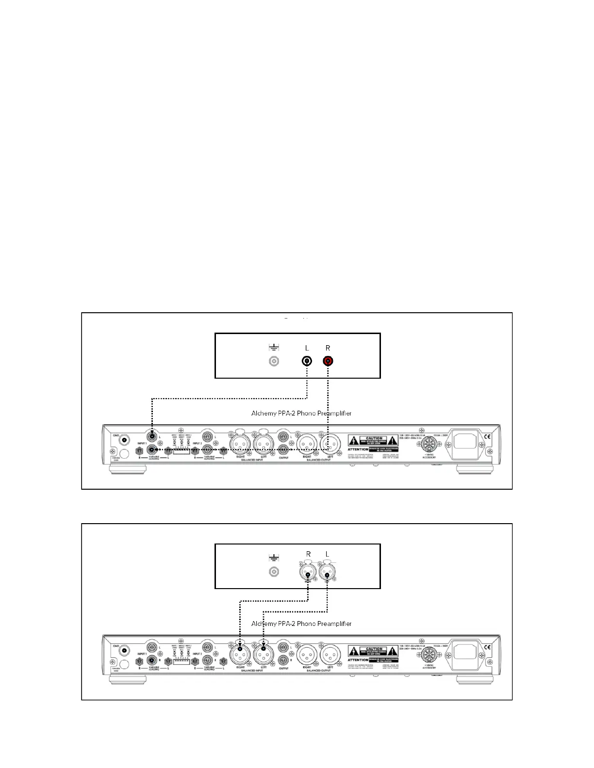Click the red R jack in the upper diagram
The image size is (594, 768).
coord(328,361)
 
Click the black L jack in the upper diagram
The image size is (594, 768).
coord(307,361)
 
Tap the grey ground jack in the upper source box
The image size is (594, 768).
coord(274,361)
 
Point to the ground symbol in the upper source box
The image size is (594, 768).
coord(274,347)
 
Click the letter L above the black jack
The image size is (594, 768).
coord(307,348)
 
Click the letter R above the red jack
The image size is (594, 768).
coord(328,348)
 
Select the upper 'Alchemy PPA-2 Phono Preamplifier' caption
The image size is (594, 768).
coord(301,414)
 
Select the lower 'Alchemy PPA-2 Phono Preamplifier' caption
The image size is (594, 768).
coord(301,624)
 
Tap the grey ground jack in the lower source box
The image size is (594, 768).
coord(274,572)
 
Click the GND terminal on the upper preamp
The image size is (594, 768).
coord(125,440)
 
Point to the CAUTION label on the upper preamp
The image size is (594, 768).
coord(374,438)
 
